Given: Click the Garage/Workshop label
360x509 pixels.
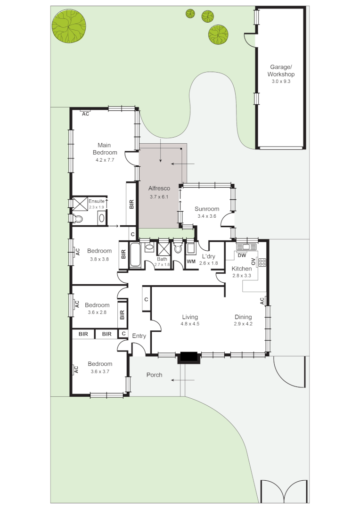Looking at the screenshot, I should (x=281, y=71).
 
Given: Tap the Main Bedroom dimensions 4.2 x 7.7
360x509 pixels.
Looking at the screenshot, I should (x=105, y=160).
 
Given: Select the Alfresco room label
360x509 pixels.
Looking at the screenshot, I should (x=159, y=189).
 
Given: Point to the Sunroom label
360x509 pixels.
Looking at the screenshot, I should (x=207, y=209).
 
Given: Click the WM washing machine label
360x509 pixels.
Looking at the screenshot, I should (x=191, y=261).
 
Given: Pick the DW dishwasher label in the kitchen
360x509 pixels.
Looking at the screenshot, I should (x=242, y=255).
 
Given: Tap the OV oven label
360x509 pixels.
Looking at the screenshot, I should (x=254, y=262).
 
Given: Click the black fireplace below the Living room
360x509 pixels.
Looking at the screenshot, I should (x=189, y=357).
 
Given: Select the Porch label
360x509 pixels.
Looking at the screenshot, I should (x=154, y=375).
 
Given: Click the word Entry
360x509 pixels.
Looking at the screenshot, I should (x=139, y=336).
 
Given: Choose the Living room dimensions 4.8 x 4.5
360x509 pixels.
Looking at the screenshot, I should (x=190, y=324).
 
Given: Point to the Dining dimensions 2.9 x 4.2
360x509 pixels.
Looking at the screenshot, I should (x=243, y=324).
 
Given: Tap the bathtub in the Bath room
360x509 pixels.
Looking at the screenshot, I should (x=135, y=255).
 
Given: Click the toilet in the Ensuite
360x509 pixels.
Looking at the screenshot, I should (x=78, y=219).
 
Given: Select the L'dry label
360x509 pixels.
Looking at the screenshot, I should (x=208, y=256).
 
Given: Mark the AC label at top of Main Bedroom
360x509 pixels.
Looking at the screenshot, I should (x=86, y=114).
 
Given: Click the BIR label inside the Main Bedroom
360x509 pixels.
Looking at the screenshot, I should (x=131, y=205).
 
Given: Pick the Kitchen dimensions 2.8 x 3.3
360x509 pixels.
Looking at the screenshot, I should (x=241, y=275).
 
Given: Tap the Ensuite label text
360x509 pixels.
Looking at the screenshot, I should (x=96, y=201).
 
